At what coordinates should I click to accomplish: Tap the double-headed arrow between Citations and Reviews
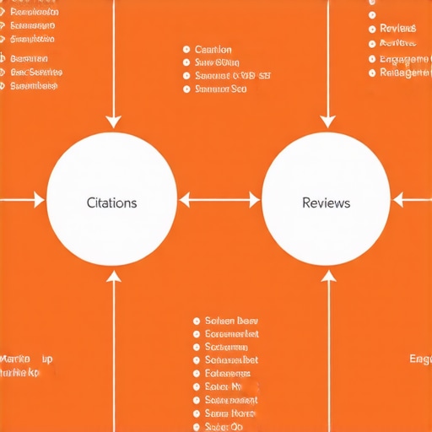click(x=219, y=201)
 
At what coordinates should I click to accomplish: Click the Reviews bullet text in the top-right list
click(x=398, y=29)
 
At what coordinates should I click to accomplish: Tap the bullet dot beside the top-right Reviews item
click(x=372, y=29)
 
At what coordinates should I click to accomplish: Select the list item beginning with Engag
click(x=403, y=59)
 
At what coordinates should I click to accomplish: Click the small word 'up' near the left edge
click(x=47, y=359)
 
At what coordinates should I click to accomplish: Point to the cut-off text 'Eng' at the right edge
click(x=420, y=359)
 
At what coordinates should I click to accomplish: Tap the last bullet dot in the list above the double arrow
click(x=186, y=88)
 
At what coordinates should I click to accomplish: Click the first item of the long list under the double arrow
click(x=231, y=321)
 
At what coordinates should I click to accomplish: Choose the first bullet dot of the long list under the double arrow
click(x=196, y=321)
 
